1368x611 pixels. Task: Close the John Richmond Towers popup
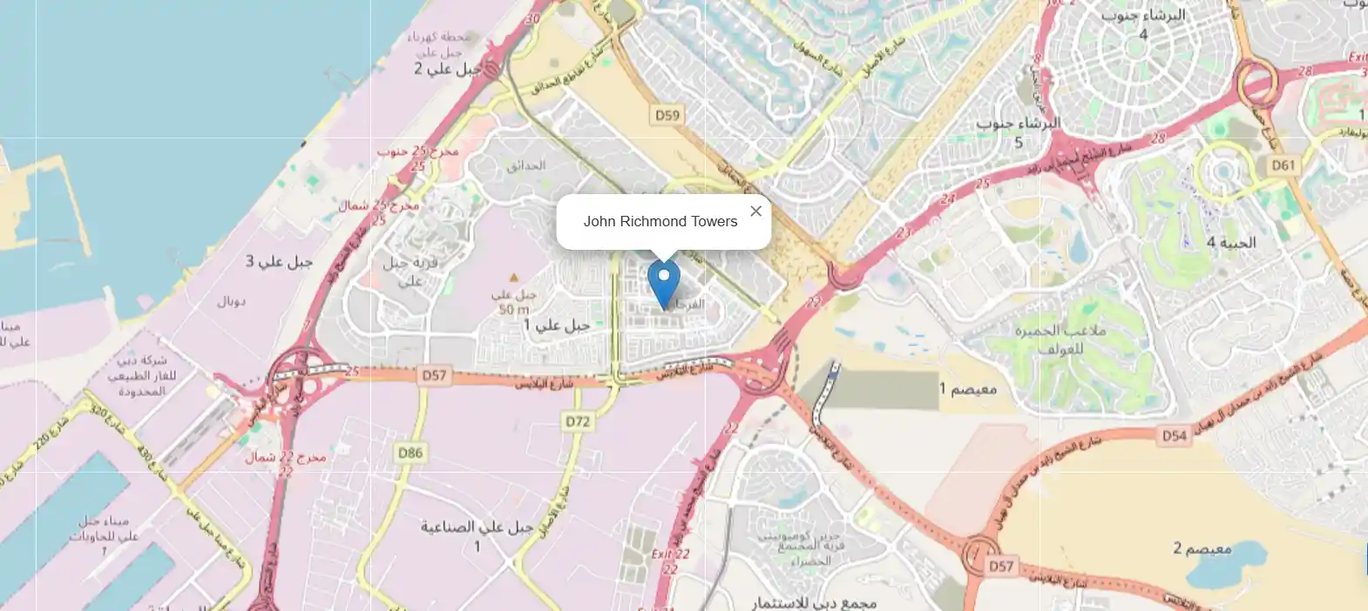pyautogui.click(x=755, y=211)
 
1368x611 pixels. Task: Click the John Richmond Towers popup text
pyautogui.click(x=660, y=221)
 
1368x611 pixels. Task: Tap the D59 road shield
pyautogui.click(x=667, y=115)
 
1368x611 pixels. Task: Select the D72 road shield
pyautogui.click(x=578, y=421)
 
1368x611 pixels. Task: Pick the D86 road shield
pyautogui.click(x=410, y=453)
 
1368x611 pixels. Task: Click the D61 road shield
pyautogui.click(x=1283, y=164)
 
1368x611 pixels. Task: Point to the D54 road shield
pyautogui.click(x=1174, y=435)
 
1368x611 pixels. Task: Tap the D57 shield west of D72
pyautogui.click(x=434, y=375)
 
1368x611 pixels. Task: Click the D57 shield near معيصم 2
pyautogui.click(x=1001, y=566)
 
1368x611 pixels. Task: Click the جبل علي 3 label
pyautogui.click(x=279, y=261)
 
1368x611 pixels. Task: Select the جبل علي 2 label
pyautogui.click(x=447, y=69)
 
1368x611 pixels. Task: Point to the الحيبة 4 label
pyautogui.click(x=1230, y=243)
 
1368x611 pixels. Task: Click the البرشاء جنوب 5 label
pyautogui.click(x=1018, y=131)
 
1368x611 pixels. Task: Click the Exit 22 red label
pyautogui.click(x=670, y=554)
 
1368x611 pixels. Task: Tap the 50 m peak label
pyautogui.click(x=513, y=310)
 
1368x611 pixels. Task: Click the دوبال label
pyautogui.click(x=231, y=301)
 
